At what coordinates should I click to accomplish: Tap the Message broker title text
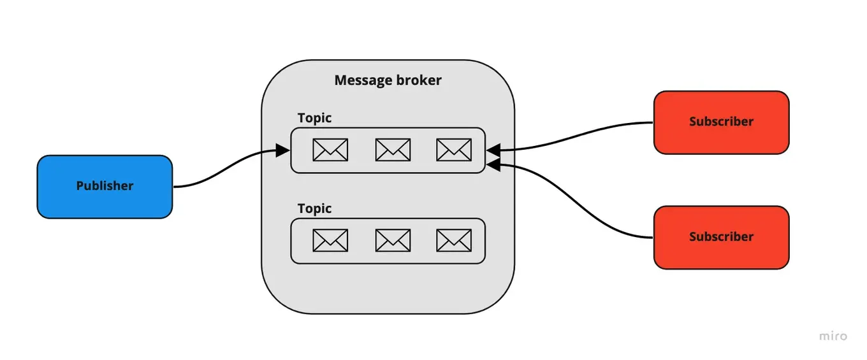(388, 80)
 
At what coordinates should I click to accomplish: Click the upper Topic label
(314, 118)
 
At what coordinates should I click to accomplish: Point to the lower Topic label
(314, 208)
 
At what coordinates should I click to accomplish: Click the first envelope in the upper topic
(330, 150)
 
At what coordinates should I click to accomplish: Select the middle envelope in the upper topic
(393, 150)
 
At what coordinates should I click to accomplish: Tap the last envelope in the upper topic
(454, 150)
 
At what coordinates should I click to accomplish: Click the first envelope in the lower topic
(330, 240)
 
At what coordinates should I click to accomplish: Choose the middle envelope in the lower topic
(393, 240)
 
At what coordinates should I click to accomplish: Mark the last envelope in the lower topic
(454, 240)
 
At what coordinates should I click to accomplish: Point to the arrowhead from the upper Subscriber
(492, 150)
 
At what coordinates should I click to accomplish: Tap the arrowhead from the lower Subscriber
(492, 164)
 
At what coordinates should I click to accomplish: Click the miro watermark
(833, 336)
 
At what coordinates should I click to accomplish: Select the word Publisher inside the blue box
(105, 186)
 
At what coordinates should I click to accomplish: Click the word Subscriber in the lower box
(721, 236)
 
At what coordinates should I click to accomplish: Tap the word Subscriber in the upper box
(721, 122)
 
